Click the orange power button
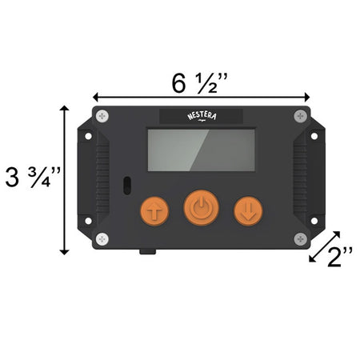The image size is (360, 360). point(202,208)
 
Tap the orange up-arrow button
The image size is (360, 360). point(154,211)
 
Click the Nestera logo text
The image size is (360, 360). point(202,117)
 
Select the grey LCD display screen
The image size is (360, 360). point(202,150)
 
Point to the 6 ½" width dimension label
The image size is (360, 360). point(200,83)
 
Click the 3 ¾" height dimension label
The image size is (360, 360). point(33,177)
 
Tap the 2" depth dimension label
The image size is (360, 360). point(340,257)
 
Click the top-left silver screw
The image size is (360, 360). point(102,116)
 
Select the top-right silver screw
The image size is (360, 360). point(301,116)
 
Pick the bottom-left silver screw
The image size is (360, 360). point(102,239)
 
